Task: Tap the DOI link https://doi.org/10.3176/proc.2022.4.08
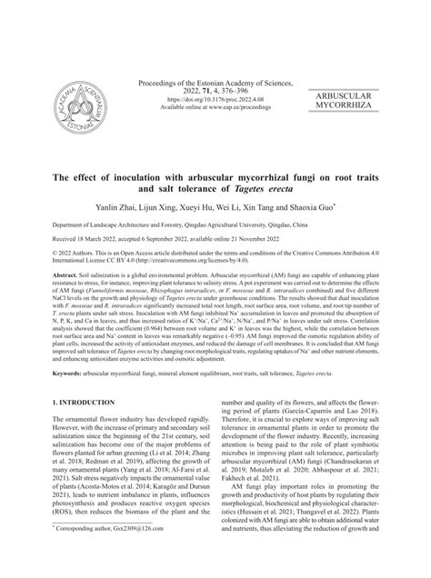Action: click(x=215, y=94)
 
